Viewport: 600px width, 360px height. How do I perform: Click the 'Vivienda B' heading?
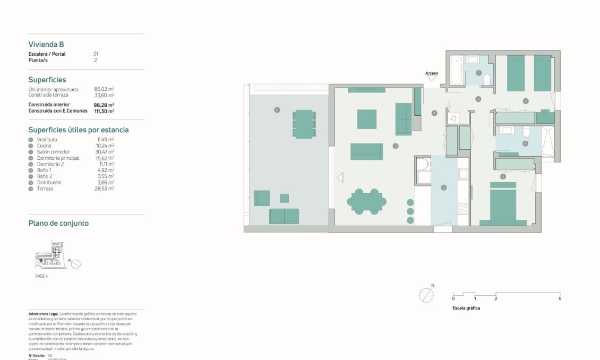(x=46, y=45)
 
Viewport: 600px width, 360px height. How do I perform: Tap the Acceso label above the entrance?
(x=432, y=73)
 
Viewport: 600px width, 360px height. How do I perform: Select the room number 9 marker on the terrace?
(x=277, y=109)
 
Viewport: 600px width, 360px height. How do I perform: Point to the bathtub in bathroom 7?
(x=457, y=70)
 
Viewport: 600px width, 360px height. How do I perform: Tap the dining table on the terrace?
(x=304, y=123)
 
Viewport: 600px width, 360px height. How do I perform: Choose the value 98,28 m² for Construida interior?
(x=104, y=105)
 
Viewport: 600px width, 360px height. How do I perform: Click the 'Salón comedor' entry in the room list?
(x=53, y=152)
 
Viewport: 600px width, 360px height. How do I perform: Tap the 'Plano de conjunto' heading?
(x=58, y=224)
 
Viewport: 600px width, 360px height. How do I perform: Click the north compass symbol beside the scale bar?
(x=426, y=295)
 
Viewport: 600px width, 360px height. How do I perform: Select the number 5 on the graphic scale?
(x=560, y=299)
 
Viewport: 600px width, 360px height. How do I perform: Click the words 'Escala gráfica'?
(x=466, y=308)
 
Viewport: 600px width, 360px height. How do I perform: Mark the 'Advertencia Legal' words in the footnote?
(x=44, y=314)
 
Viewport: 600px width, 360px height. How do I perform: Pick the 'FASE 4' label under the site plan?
(x=38, y=276)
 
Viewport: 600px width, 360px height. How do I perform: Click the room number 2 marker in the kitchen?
(x=443, y=187)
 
